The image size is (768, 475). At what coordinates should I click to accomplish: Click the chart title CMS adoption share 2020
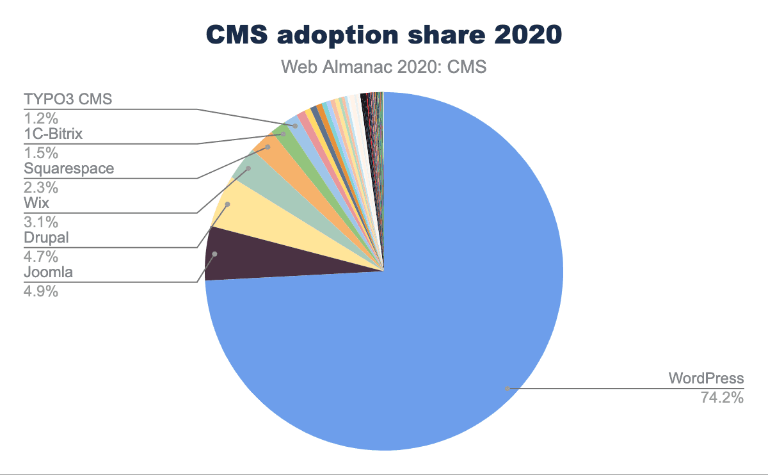pyautogui.click(x=383, y=36)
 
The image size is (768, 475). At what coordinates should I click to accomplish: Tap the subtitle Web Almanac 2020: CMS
pyautogui.click(x=384, y=67)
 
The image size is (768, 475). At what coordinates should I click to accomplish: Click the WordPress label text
pyautogui.click(x=706, y=378)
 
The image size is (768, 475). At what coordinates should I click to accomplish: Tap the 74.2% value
pyautogui.click(x=721, y=398)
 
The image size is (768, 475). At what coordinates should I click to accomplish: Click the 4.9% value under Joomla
pyautogui.click(x=41, y=291)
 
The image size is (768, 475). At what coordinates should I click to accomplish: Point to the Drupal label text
pyautogui.click(x=46, y=238)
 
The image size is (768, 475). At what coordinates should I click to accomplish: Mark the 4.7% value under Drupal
pyautogui.click(x=41, y=257)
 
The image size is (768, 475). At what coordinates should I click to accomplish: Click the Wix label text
pyautogui.click(x=36, y=204)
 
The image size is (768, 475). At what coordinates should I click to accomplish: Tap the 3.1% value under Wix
pyautogui.click(x=41, y=222)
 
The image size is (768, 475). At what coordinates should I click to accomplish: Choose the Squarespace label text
pyautogui.click(x=69, y=169)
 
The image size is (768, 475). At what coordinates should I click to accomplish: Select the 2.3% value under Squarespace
pyautogui.click(x=41, y=188)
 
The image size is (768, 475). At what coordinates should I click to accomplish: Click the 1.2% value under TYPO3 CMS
pyautogui.click(x=41, y=118)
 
